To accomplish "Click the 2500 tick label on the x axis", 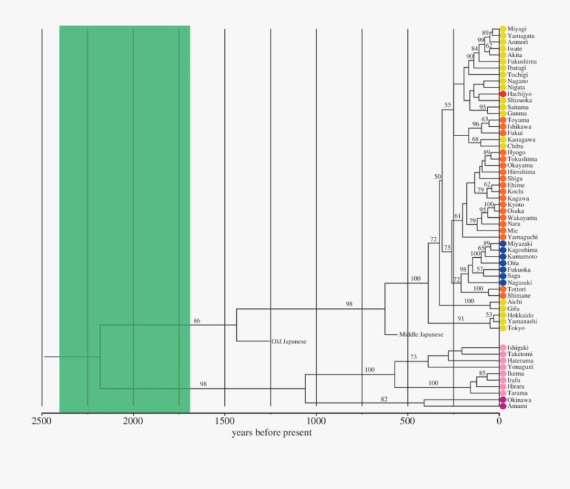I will (42, 420).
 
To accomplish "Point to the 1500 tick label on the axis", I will (225, 420).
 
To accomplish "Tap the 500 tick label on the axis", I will (407, 420).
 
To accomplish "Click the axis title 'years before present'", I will (272, 433).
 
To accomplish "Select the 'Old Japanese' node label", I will (289, 341).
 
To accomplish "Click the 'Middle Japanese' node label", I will (421, 334).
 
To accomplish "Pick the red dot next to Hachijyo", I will (503, 94).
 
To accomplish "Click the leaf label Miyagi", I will (517, 29).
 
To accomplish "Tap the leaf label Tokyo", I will (517, 328).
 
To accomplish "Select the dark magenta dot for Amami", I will (503, 407).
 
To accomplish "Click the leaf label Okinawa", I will (519, 400).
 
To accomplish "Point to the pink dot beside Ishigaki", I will (503, 348).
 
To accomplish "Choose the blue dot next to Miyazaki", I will (503, 244).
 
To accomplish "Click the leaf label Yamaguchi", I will (522, 238).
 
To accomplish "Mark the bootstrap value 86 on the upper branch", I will (197, 321).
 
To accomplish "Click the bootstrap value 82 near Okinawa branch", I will (384, 398).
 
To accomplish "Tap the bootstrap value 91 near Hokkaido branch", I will (460, 318).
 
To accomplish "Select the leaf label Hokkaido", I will (521, 315).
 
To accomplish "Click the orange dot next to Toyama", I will (503, 120).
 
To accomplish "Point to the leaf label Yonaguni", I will (521, 367).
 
